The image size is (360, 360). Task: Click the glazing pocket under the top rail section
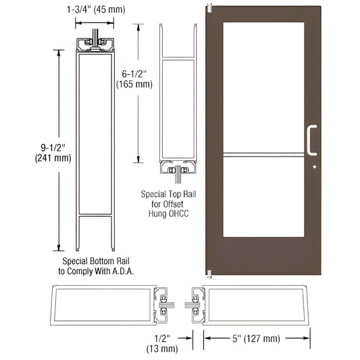tap(178, 173)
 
